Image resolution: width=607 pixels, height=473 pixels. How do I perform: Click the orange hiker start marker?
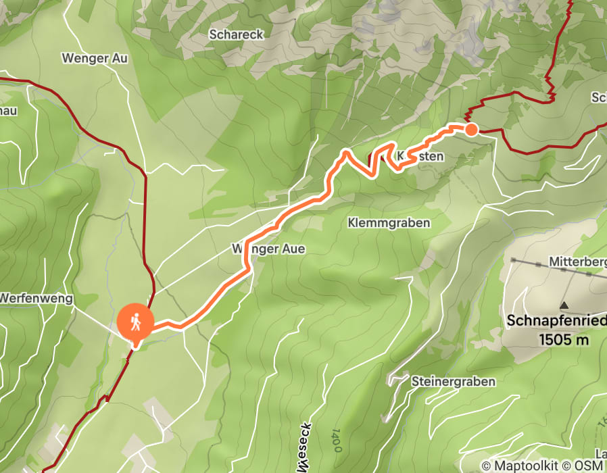point(136,322)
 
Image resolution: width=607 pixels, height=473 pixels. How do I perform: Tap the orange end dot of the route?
point(471,129)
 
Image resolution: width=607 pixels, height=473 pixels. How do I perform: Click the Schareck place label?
point(236,34)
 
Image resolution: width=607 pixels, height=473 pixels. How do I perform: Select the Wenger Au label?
point(95,58)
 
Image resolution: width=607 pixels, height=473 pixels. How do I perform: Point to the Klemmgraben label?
point(389,222)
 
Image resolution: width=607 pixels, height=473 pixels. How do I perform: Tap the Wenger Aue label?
point(268,249)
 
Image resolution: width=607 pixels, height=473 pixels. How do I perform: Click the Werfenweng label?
point(36,298)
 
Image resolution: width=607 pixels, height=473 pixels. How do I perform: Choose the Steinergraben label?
point(453,382)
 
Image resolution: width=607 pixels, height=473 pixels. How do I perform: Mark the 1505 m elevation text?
point(564,340)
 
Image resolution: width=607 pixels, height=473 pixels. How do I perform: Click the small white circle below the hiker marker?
point(136,346)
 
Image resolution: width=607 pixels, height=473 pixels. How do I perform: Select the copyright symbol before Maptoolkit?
point(487,466)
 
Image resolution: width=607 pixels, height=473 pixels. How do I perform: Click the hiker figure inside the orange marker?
point(136,322)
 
